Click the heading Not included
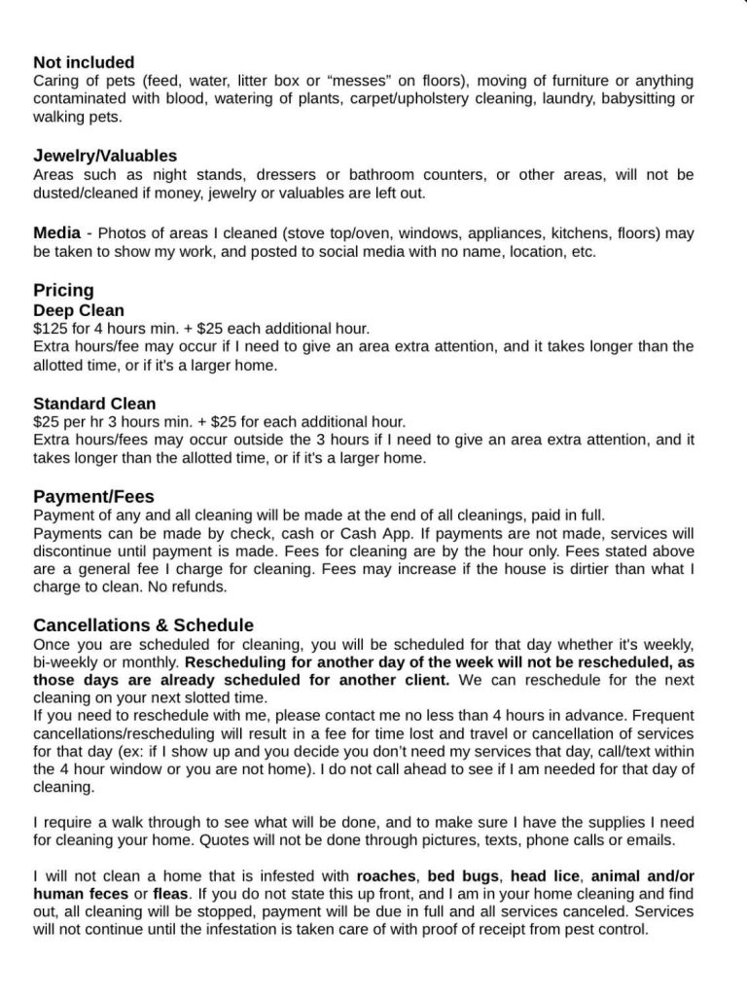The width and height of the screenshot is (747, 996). tap(84, 62)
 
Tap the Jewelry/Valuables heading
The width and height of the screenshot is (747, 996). tap(105, 156)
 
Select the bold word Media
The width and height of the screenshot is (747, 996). tap(56, 232)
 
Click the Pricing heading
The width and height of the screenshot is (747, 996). tap(63, 290)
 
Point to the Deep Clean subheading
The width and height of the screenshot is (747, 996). tap(79, 310)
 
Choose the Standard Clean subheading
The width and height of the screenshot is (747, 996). tap(94, 403)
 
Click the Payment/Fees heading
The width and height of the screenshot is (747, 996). tap(93, 496)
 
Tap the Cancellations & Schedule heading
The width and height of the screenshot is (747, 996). tap(143, 624)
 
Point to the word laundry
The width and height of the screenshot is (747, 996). tap(555, 99)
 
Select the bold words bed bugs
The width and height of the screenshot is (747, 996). tap(462, 875)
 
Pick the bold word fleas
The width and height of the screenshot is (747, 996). tap(170, 894)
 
